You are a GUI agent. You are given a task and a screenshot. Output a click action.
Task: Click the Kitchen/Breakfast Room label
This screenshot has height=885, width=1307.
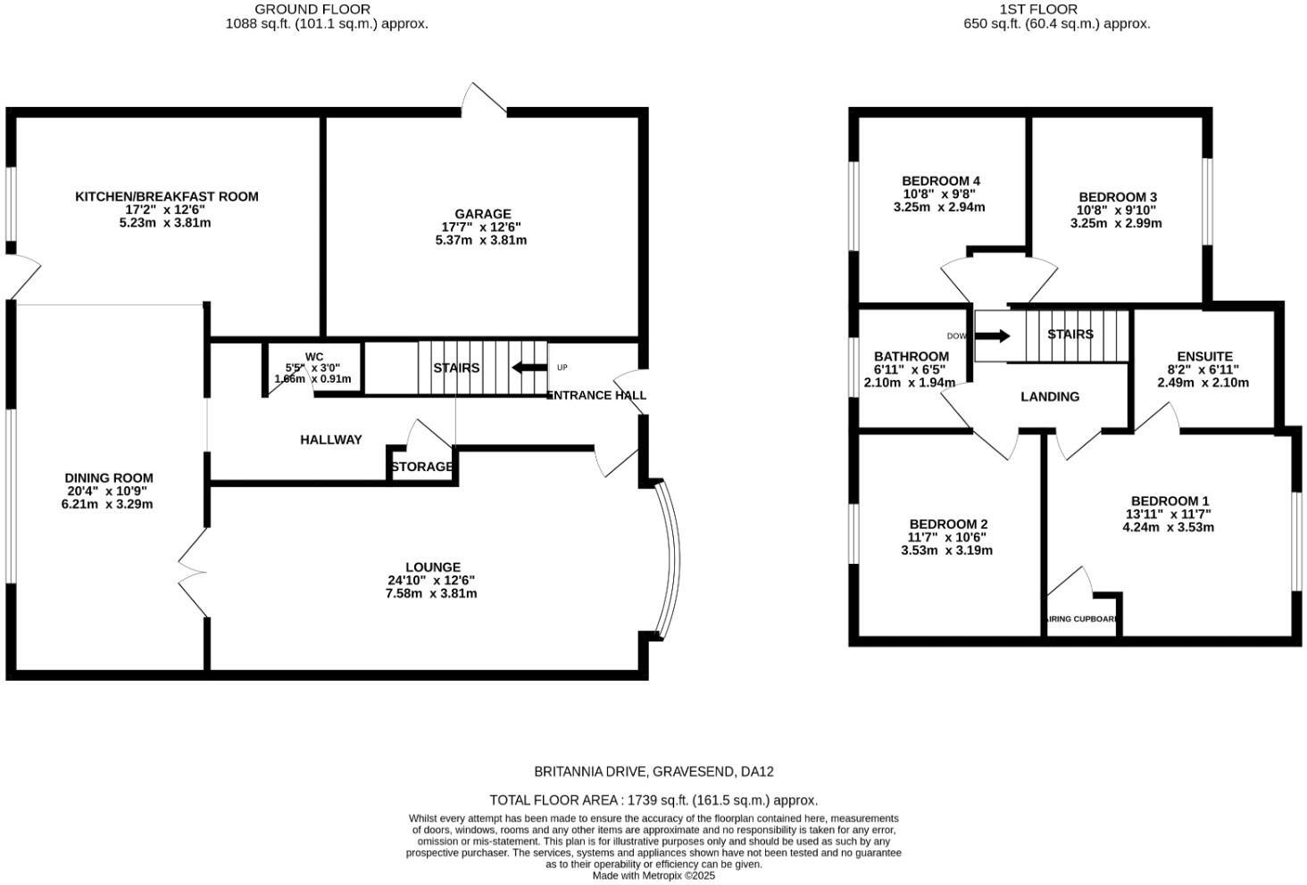(x=166, y=196)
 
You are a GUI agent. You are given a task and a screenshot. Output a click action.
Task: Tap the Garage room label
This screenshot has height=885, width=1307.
(x=482, y=214)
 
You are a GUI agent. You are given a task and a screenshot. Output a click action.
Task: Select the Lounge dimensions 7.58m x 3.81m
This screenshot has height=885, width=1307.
(x=431, y=593)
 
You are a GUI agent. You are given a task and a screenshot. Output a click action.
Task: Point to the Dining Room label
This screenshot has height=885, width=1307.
(x=108, y=478)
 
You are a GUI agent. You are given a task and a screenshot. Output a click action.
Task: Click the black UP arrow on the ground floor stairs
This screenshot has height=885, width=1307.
(x=529, y=368)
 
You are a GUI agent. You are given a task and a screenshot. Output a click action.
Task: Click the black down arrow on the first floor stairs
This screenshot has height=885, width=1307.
(x=992, y=336)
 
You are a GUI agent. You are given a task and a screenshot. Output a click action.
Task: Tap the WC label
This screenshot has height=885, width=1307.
(x=313, y=357)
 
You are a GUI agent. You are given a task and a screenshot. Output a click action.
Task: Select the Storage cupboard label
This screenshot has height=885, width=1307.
(x=421, y=467)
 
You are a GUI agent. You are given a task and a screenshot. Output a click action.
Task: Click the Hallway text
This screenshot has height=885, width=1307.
(x=331, y=440)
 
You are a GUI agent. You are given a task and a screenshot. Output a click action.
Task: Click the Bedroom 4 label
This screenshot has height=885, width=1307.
(x=941, y=181)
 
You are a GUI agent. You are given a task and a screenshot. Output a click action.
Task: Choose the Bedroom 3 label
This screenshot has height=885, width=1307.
(x=1117, y=197)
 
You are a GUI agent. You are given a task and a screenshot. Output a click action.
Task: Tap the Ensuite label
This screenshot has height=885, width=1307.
(x=1204, y=356)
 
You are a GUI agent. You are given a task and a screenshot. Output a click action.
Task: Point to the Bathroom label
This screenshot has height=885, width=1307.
(x=911, y=356)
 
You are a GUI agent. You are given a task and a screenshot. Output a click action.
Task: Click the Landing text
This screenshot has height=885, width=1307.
(x=1050, y=397)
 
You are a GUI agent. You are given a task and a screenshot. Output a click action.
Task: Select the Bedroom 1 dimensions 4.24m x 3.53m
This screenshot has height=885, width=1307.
(x=1169, y=527)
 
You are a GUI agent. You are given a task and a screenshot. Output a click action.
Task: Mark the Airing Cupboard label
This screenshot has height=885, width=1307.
(x=1082, y=618)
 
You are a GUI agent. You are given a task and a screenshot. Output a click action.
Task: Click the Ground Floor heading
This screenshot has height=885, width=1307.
(x=312, y=9)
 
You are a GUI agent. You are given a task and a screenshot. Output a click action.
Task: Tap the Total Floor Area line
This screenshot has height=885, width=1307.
(x=653, y=800)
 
